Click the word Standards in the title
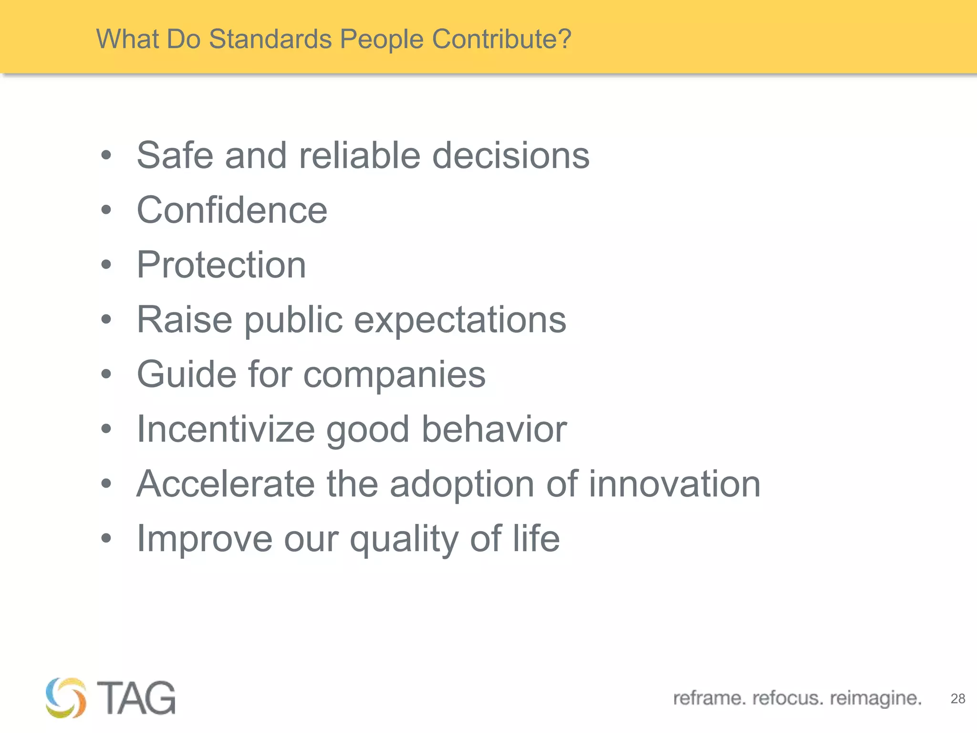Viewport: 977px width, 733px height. click(270, 39)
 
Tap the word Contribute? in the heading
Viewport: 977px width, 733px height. click(501, 39)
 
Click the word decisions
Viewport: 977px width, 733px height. click(510, 156)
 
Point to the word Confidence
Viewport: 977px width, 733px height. click(232, 210)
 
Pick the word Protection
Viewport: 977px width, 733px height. click(221, 265)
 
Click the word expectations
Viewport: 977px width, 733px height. click(460, 320)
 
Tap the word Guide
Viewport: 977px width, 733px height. click(186, 374)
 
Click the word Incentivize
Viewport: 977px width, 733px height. click(226, 429)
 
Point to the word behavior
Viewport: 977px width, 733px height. click(494, 429)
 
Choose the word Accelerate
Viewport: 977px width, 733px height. click(226, 484)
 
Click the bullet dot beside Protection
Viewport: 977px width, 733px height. click(106, 264)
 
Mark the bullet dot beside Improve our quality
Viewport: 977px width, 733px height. click(106, 538)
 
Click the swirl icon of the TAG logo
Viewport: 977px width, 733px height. click(66, 698)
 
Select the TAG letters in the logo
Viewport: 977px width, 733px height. click(136, 698)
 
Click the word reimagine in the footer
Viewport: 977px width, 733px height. click(875, 698)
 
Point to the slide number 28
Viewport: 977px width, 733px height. click(957, 699)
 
